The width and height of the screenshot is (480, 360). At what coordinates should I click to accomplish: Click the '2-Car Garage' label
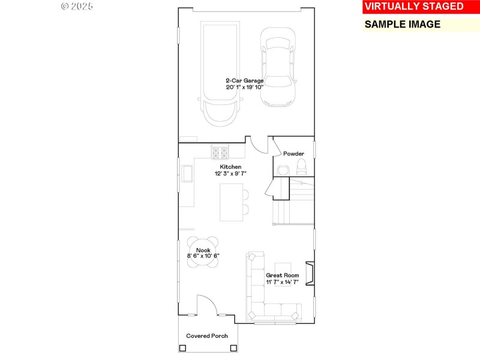(245, 80)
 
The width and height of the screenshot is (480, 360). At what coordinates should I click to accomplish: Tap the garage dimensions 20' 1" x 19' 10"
(245, 87)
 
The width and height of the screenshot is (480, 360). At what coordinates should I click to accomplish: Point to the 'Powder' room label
(294, 154)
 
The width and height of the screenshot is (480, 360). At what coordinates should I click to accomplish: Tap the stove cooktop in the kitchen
(220, 151)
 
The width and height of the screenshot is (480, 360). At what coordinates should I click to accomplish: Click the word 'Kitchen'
(230, 166)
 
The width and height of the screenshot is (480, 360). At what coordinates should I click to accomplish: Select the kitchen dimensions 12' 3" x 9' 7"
(231, 173)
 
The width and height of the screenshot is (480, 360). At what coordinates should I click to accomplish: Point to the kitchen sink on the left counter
(188, 173)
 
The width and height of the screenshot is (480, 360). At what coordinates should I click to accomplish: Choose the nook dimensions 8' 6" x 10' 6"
(203, 256)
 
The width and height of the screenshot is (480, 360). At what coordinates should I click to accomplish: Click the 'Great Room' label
(283, 275)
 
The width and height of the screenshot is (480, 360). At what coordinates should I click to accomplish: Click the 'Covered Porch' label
(207, 336)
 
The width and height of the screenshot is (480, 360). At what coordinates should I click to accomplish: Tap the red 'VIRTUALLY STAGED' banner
(414, 7)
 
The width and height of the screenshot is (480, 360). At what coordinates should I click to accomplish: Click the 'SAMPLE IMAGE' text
(403, 25)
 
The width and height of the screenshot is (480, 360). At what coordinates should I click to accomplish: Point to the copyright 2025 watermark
(77, 6)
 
